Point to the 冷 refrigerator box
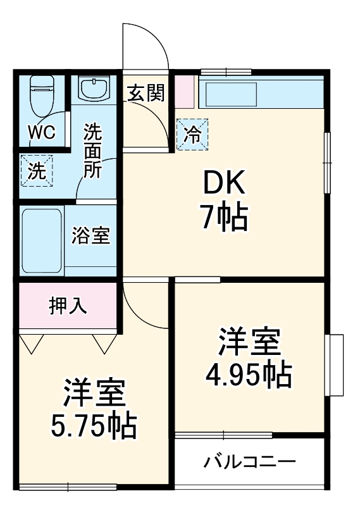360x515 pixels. [x=192, y=134]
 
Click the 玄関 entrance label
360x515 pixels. [x=146, y=94]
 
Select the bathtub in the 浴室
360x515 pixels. [x=41, y=239]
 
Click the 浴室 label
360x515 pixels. [x=91, y=236]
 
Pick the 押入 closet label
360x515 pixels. [x=68, y=306]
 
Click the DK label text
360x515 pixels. [x=223, y=184]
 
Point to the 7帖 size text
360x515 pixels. [x=223, y=218]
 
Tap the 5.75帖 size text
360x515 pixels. [x=94, y=426]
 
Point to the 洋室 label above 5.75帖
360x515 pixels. [x=94, y=394]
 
